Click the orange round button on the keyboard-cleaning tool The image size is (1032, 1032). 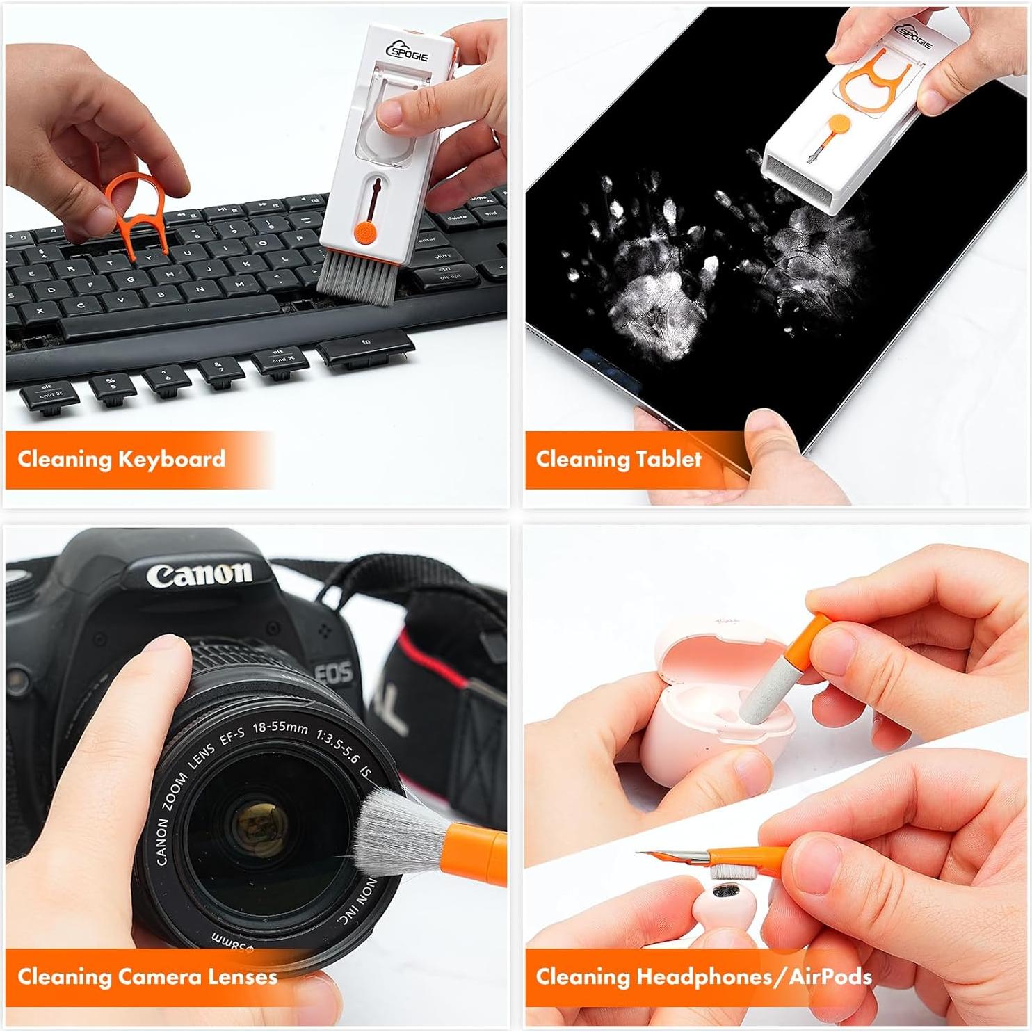364,231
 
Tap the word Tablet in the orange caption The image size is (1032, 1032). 668,460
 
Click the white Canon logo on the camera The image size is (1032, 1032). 199,574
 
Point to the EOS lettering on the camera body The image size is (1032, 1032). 334,673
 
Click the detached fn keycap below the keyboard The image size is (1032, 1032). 365,346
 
